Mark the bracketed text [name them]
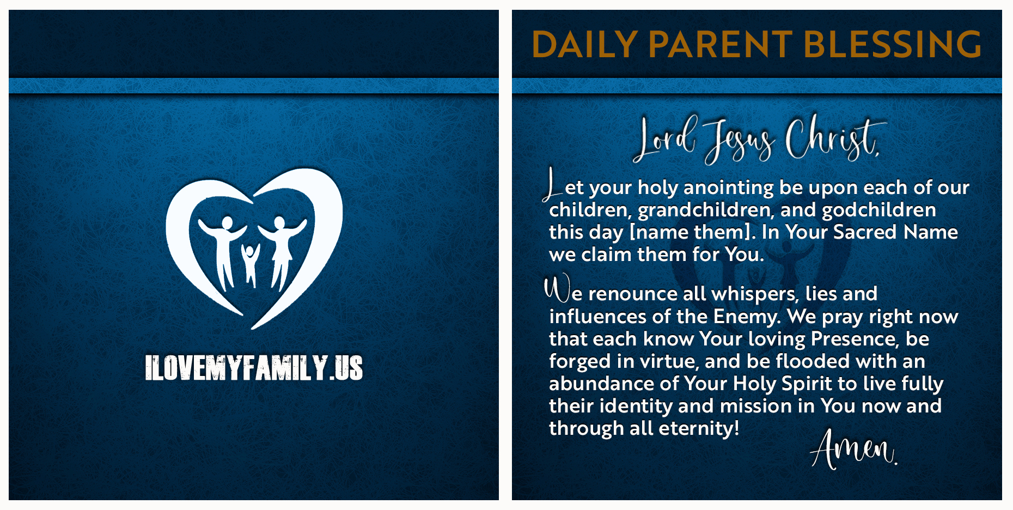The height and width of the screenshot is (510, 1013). point(692,233)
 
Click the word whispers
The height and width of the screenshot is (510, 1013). point(755,294)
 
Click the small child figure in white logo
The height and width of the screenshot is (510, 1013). point(251,264)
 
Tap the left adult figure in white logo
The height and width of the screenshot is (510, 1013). point(223,248)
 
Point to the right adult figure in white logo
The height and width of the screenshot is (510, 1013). point(281,248)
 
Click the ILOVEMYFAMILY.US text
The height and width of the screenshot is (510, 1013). point(254,368)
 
